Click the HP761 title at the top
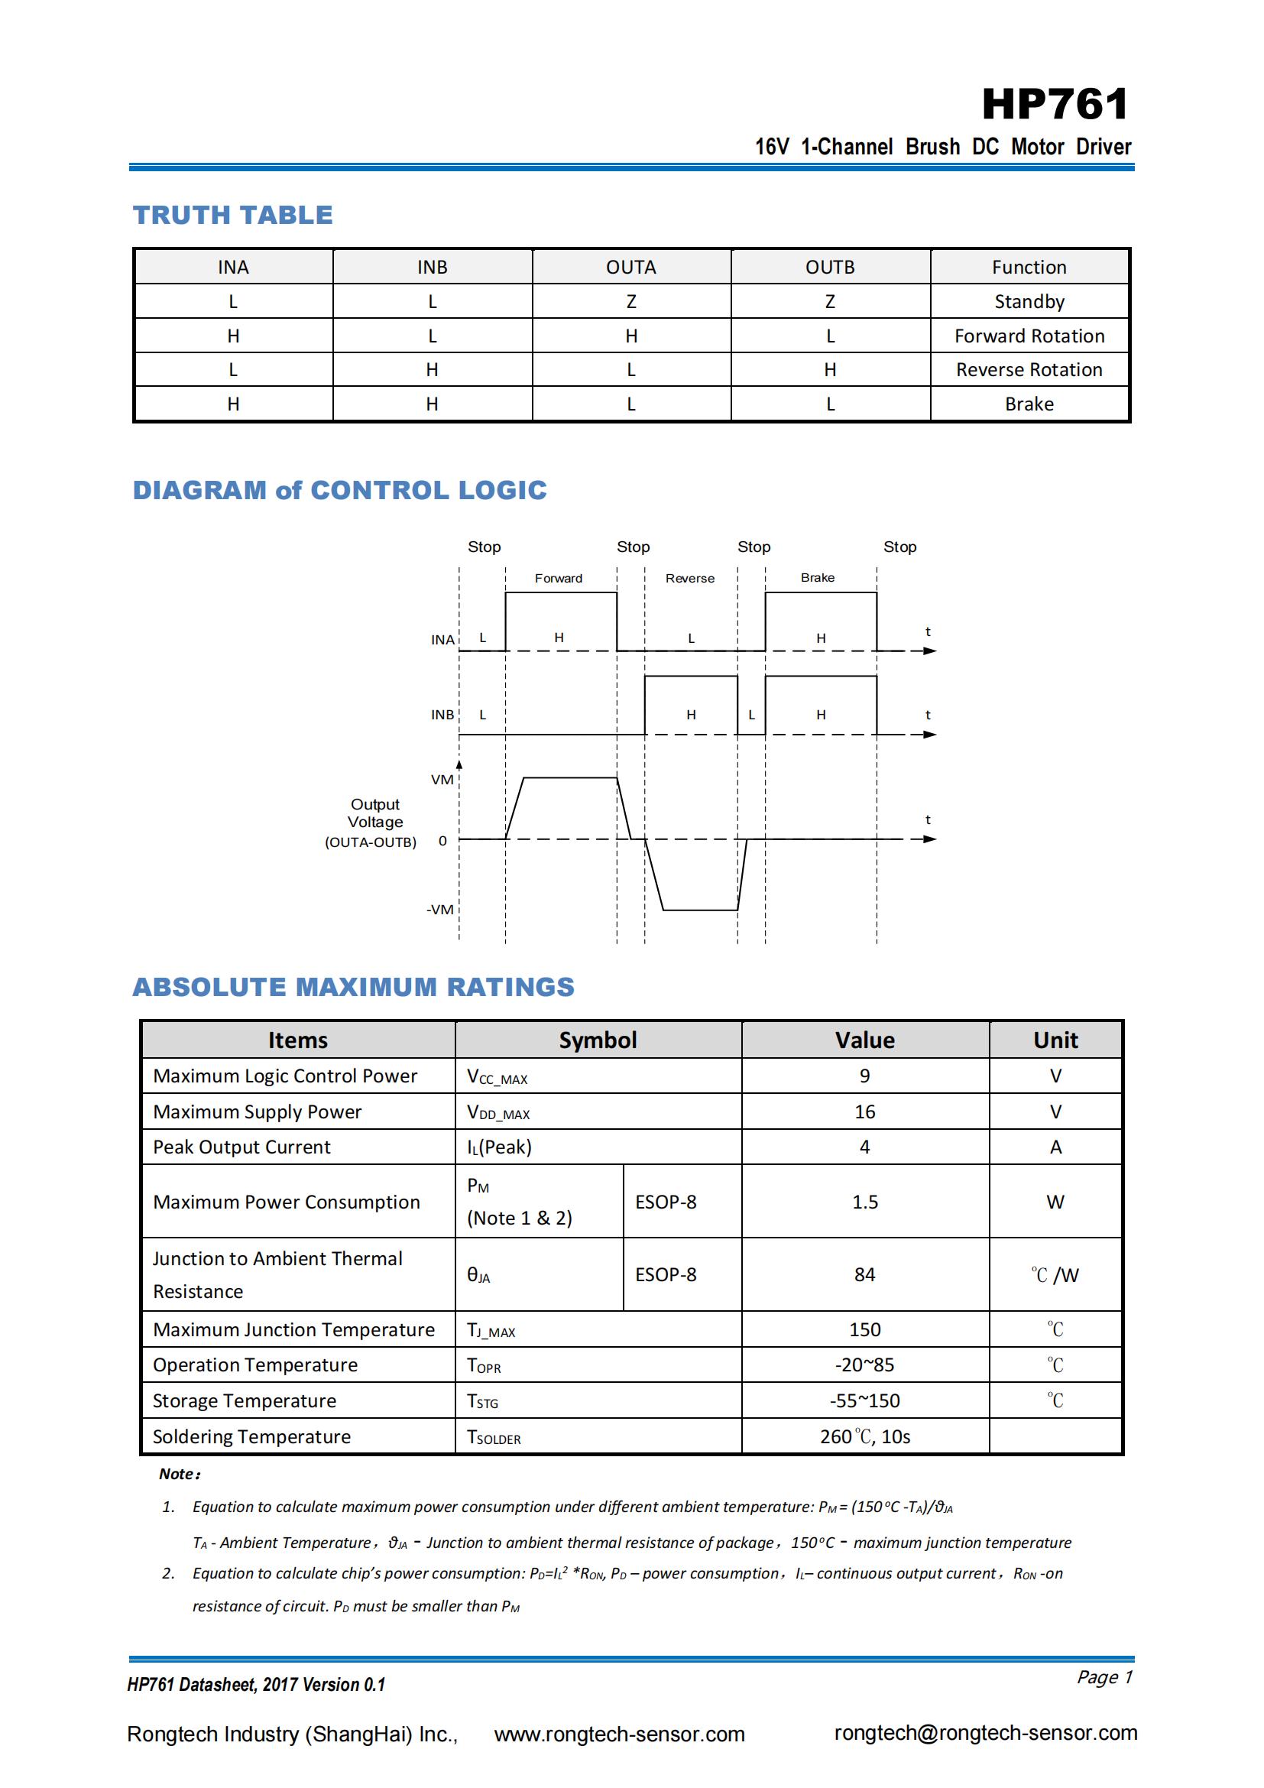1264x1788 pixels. click(1055, 105)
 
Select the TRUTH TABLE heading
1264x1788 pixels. click(233, 215)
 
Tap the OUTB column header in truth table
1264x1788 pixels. click(830, 267)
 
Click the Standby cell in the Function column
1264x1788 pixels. click(1029, 301)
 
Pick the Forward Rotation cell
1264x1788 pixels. click(1029, 336)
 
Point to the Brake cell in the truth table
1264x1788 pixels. click(1029, 404)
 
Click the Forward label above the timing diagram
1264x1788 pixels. click(558, 578)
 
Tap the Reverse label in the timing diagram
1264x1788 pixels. click(689, 578)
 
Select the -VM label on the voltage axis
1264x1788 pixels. click(439, 910)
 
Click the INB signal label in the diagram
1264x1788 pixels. click(442, 715)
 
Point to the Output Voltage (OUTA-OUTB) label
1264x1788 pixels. click(373, 823)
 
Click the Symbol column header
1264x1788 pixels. click(598, 1040)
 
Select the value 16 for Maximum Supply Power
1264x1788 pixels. click(865, 1111)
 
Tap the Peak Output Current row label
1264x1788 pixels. click(242, 1147)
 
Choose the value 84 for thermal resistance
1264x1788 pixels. click(865, 1275)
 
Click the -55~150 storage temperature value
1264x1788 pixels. click(865, 1401)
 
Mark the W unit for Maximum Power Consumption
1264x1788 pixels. click(1055, 1202)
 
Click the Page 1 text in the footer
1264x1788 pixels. click(1104, 1676)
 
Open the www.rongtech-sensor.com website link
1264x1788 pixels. click(620, 1734)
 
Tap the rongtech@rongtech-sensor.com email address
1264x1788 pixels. click(985, 1733)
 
